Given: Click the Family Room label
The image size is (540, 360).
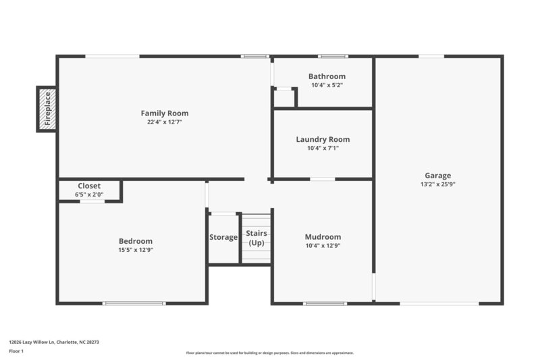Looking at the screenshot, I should click(x=164, y=113).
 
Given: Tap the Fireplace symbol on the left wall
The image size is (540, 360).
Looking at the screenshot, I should click(x=47, y=109).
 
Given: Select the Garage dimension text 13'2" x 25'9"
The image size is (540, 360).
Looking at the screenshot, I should click(x=437, y=184).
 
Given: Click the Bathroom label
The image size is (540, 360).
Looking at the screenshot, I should click(x=327, y=76).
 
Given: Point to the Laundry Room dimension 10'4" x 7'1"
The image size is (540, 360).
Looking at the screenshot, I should click(x=323, y=148).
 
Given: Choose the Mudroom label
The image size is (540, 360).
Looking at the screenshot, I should click(x=323, y=237).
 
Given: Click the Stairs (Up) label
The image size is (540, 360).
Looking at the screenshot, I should click(x=256, y=238).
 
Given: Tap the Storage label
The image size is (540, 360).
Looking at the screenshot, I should click(x=223, y=237).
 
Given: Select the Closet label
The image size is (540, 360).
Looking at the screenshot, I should click(x=89, y=186).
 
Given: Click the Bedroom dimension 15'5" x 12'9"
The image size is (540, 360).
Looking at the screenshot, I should click(x=136, y=250).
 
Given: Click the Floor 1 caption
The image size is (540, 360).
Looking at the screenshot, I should click(x=16, y=352).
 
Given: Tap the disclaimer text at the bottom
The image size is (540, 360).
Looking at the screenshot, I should click(x=269, y=353).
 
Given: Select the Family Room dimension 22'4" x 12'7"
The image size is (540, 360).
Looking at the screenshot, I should click(x=164, y=122).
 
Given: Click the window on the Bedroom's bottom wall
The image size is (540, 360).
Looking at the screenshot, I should click(x=134, y=303).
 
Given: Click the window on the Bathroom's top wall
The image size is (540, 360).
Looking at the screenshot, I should click(x=329, y=56).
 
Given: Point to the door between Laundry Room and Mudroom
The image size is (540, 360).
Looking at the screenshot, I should click(x=323, y=179).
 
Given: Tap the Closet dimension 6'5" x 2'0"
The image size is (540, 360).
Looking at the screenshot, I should click(x=89, y=195).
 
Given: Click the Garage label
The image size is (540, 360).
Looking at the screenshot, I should click(x=437, y=175).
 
